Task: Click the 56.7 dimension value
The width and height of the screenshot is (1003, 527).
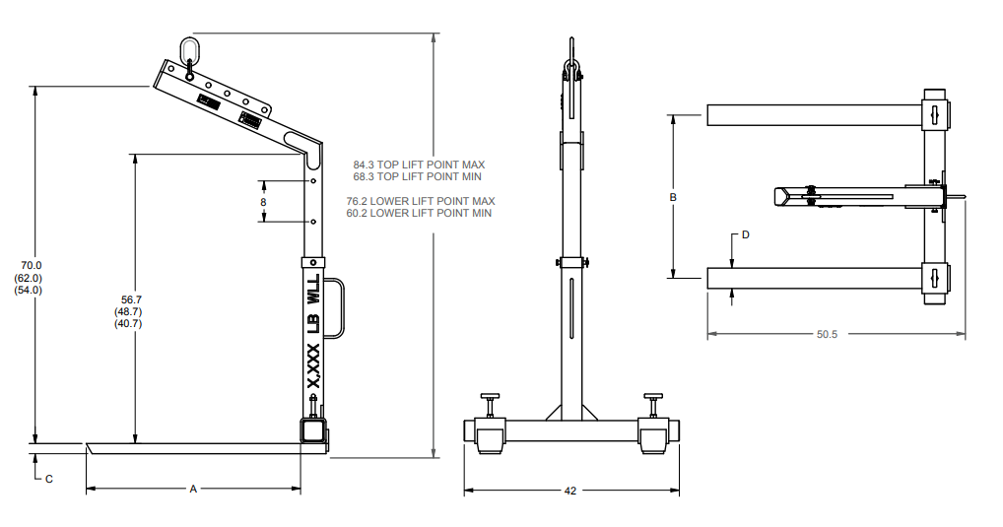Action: point(128,299)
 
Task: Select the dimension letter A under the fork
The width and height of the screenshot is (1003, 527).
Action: point(193,489)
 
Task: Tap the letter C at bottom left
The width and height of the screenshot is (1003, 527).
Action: point(48,479)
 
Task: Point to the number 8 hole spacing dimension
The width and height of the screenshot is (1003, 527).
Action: point(263,202)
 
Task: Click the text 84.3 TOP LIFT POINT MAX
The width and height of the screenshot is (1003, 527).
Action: point(419,165)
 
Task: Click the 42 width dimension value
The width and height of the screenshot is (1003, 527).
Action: point(570,491)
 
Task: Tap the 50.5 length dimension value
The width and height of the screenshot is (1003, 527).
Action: point(827,335)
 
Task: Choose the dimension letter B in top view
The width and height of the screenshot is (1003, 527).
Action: point(673,197)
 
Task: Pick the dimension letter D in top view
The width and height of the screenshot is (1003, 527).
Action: point(746,235)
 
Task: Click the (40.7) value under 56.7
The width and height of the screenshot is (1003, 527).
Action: point(128,323)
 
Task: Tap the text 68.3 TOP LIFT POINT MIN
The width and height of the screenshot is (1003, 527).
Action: point(419,176)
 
